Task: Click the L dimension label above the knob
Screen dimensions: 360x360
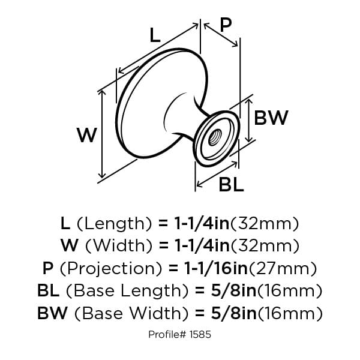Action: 155,35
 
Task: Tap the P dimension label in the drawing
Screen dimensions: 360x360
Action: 226,25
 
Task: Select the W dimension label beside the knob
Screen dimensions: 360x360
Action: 86,135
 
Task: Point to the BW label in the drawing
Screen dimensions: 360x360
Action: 271,118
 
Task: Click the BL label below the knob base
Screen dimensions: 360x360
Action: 231,185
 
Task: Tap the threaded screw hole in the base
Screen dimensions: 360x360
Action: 215,137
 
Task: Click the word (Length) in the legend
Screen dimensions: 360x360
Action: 114,224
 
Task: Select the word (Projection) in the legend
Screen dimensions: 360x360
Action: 111,268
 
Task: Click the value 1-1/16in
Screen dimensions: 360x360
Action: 216,268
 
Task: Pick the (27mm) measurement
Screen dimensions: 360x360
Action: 283,269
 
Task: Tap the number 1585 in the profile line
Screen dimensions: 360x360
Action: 200,335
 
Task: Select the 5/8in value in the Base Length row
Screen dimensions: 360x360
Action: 233,290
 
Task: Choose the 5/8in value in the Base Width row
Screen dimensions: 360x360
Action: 233,313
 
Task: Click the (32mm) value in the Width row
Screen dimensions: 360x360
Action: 265,246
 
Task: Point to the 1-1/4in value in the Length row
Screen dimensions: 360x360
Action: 202,224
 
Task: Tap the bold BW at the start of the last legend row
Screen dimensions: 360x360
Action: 52,313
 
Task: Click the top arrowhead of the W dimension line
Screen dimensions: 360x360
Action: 102,93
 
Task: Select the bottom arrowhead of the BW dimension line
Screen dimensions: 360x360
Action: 248,139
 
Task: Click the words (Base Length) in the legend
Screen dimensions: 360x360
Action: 127,290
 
